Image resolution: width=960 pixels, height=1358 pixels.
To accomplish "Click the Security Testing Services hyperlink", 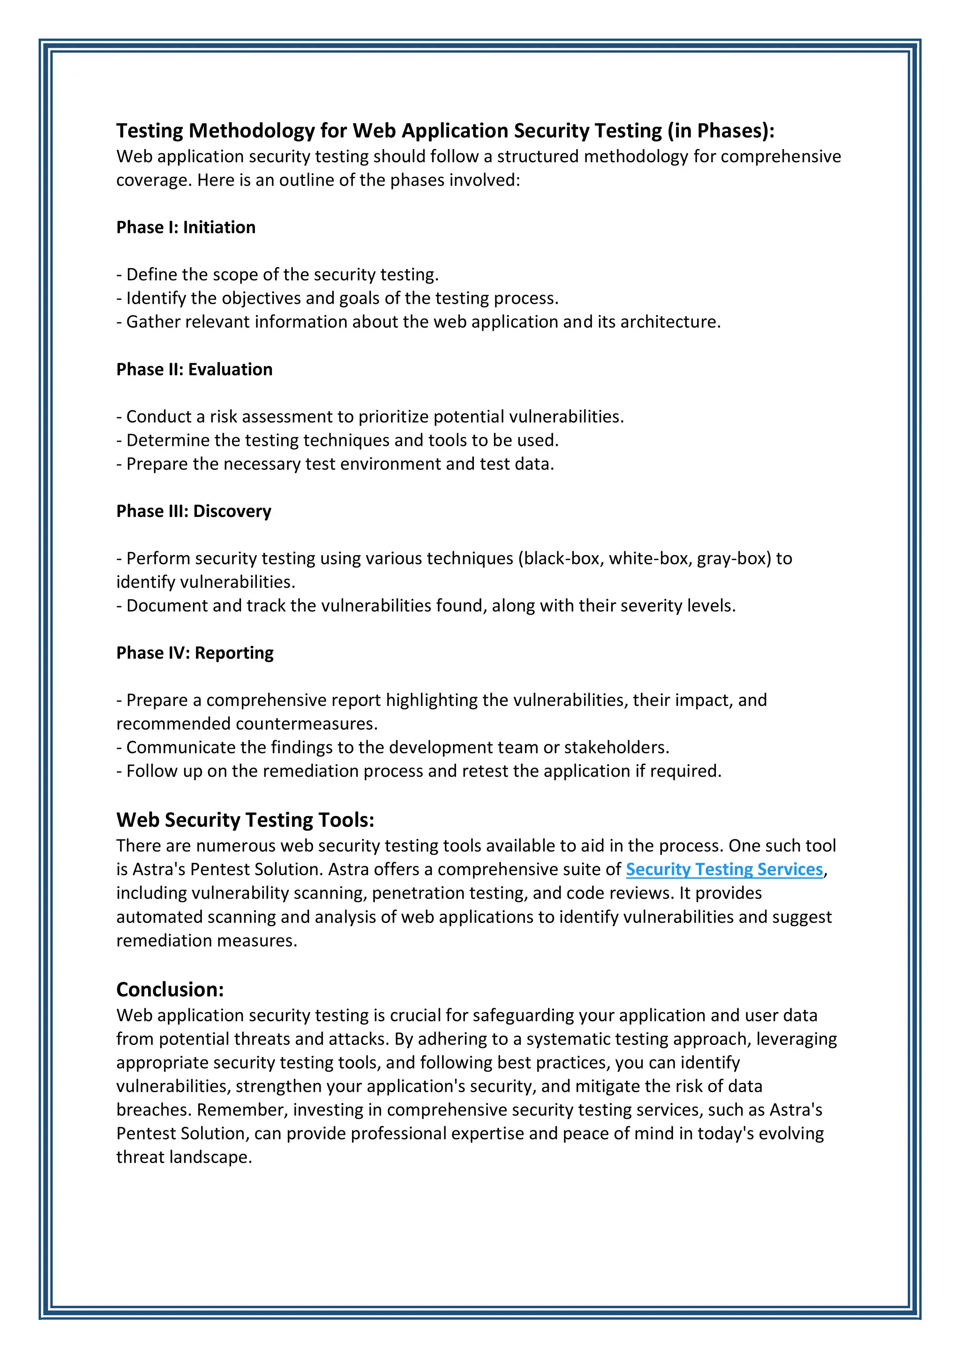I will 724,869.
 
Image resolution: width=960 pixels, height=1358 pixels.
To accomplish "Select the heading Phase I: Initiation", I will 186,227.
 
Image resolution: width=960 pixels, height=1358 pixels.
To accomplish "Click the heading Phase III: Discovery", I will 194,511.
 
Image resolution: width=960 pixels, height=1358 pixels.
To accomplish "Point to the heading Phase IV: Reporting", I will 195,653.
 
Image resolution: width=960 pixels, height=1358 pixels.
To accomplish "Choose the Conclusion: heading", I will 170,990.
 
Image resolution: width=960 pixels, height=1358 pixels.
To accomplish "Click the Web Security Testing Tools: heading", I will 245,820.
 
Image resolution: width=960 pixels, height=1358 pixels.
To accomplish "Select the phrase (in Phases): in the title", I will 720,130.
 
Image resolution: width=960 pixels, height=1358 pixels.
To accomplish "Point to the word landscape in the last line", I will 210,1157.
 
